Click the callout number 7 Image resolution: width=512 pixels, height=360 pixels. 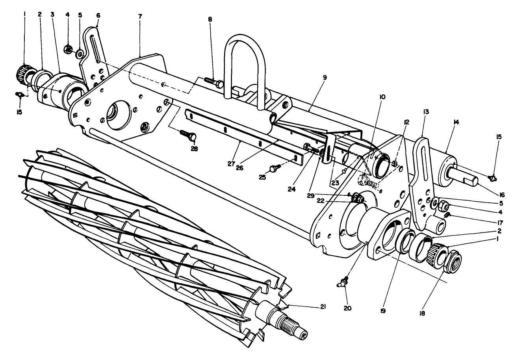click(140, 16)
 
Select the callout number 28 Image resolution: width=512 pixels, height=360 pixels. click(194, 148)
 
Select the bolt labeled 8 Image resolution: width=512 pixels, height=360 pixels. click(213, 82)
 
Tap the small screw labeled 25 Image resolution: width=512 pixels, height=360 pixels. click(275, 168)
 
